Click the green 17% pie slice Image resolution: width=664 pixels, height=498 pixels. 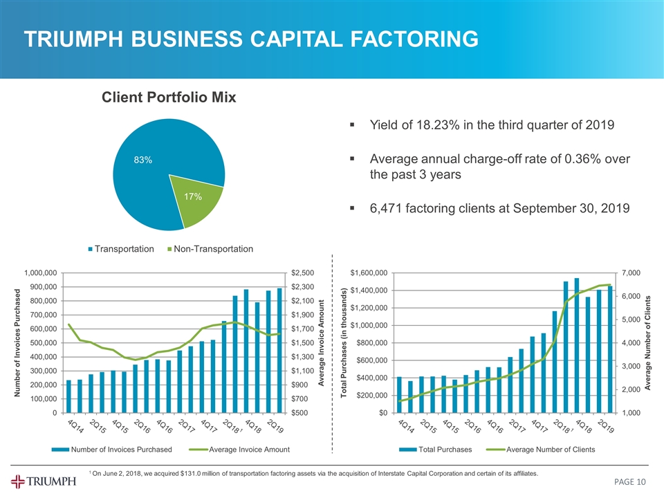199,201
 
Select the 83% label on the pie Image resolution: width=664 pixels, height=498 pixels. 143,160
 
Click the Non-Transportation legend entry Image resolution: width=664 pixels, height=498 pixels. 214,248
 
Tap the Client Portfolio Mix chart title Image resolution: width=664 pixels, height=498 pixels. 169,98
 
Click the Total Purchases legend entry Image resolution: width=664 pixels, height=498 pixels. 445,450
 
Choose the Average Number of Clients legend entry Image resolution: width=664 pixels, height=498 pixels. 550,450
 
